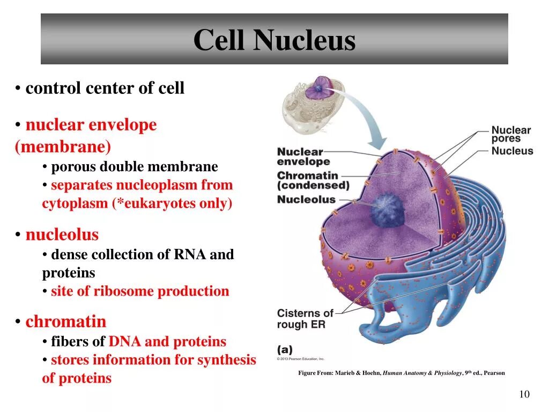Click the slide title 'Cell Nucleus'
click(x=274, y=40)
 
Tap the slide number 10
click(x=524, y=395)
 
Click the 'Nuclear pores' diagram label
click(x=511, y=134)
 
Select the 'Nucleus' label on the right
click(x=512, y=151)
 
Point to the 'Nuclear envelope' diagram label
click(x=303, y=157)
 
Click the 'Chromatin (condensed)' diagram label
click(x=313, y=181)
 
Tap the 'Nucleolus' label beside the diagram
click(x=306, y=200)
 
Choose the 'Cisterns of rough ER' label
click(x=305, y=319)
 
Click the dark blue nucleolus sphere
click(x=385, y=209)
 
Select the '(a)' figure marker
click(x=285, y=349)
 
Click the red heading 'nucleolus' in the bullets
click(x=62, y=234)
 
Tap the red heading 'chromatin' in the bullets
click(x=66, y=322)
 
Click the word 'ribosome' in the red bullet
click(x=122, y=291)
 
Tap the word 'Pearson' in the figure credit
click(x=494, y=373)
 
